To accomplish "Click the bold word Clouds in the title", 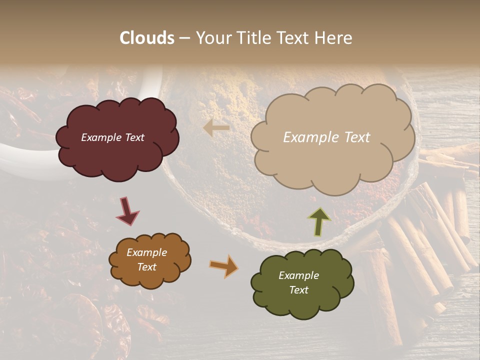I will (147, 38).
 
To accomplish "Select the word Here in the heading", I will (333, 38).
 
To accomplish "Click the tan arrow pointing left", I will (216, 128).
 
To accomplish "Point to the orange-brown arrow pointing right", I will (223, 266).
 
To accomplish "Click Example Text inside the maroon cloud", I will (112, 137).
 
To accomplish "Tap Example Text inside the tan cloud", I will (326, 137).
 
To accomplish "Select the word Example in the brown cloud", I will (146, 252).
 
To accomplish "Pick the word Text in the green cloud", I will (298, 290).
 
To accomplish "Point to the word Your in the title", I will (211, 38).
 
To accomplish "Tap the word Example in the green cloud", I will (298, 275).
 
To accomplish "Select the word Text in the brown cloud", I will (146, 267).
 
